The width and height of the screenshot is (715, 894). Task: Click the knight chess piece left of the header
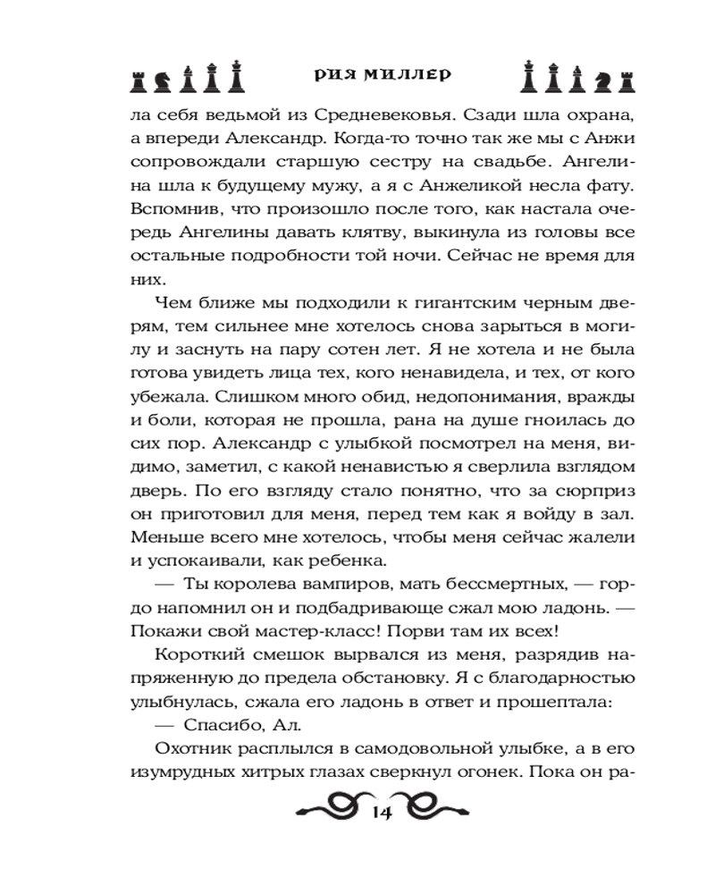click(x=162, y=80)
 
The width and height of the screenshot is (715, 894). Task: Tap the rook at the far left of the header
click(x=138, y=80)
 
